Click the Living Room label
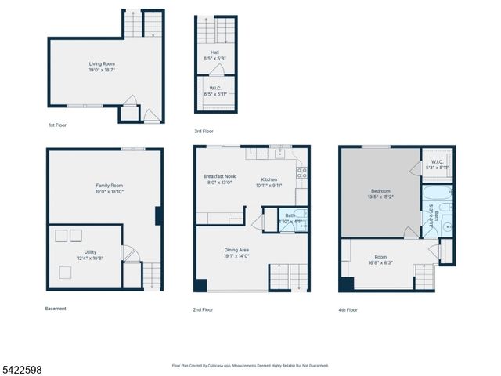pos(99,66)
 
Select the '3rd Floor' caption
pos(204,131)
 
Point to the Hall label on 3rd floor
pos(214,56)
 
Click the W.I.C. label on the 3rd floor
pos(214,91)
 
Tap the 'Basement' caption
pos(56,309)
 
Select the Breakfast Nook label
pos(218,179)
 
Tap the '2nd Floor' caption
pos(203,309)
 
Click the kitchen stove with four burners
pos(301,174)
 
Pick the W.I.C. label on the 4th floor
pos(437,165)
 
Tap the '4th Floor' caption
pos(348,309)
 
